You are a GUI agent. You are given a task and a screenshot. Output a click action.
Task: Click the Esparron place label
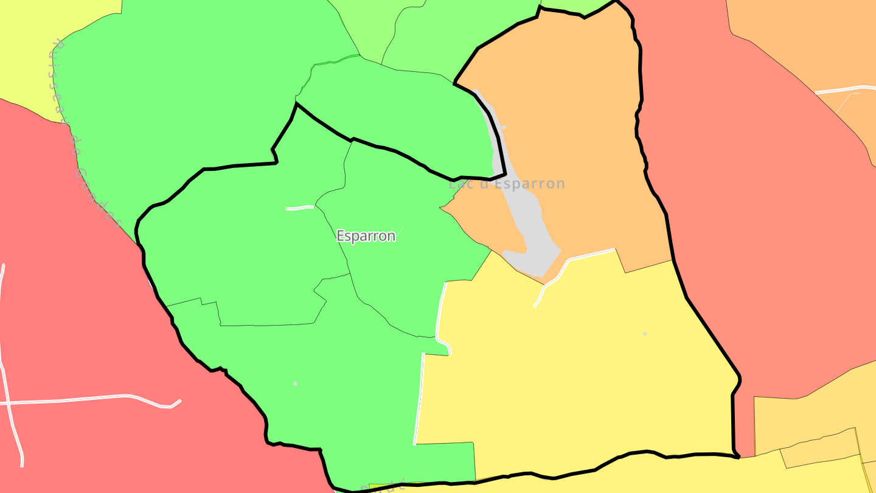point(366,236)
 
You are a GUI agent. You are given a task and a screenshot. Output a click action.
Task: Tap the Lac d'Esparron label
point(507,184)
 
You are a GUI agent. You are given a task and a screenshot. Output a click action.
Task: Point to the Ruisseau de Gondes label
point(85,134)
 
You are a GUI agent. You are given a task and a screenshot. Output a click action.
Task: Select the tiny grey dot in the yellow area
point(645,334)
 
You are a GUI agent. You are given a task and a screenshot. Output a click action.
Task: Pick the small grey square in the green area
point(296,383)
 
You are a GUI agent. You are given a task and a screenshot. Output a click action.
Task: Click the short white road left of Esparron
point(299,208)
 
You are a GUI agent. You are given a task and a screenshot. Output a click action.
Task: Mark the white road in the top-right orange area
point(846,89)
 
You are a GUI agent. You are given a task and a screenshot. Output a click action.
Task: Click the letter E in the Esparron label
point(340,236)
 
